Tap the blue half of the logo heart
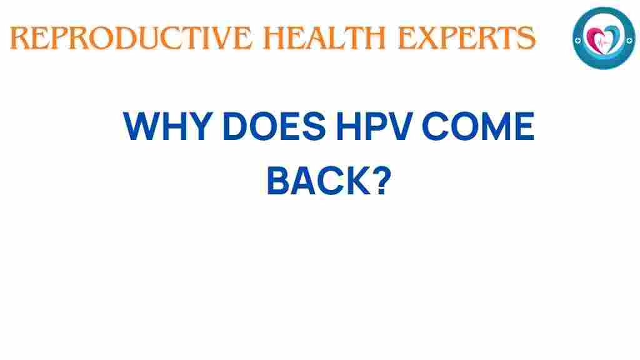[x=611, y=37]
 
